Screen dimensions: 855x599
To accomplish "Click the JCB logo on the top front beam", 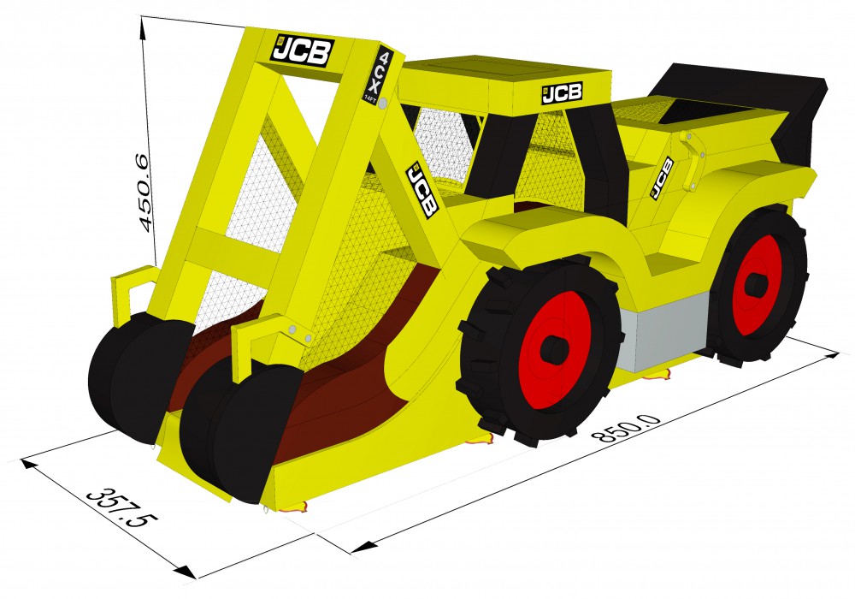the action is click(x=302, y=50).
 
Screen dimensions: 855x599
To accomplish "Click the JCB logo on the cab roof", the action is click(x=562, y=93).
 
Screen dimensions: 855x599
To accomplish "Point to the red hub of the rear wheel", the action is click(x=757, y=285).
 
